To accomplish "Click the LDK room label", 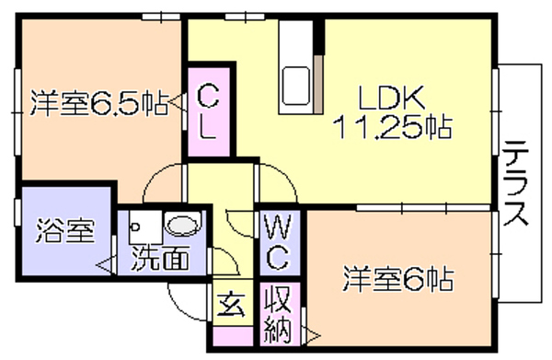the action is [x=392, y=98].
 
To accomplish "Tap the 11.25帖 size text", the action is [x=394, y=127].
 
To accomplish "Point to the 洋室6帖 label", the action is [x=398, y=279].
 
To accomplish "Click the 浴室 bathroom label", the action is [x=65, y=231].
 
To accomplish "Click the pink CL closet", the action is [x=209, y=112].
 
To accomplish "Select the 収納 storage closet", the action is [x=280, y=314].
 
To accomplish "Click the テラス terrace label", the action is [x=516, y=183].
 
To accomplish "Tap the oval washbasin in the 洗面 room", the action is [x=182, y=225].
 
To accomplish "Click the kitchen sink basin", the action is [x=296, y=86].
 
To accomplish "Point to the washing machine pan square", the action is [x=145, y=226].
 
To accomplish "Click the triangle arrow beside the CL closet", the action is [x=177, y=103].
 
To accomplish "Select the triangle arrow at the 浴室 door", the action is [x=105, y=264].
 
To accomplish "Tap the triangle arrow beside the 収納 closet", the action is [x=312, y=336].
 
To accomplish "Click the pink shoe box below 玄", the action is [x=233, y=336].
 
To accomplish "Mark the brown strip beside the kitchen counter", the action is [x=318, y=85].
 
